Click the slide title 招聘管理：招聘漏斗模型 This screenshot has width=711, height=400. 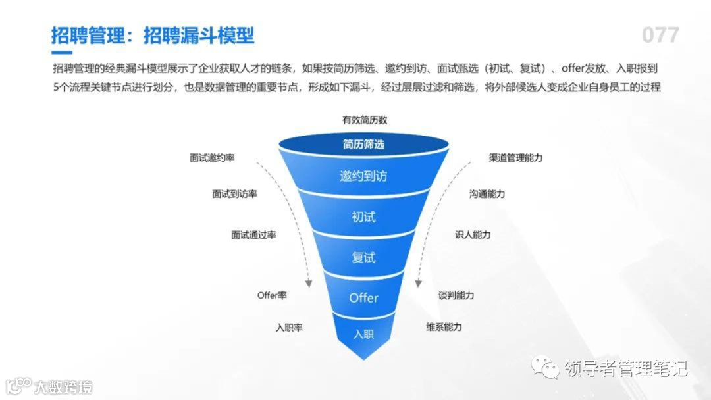coord(153,35)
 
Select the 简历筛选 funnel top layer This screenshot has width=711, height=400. coord(363,144)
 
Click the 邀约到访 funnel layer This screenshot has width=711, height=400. coord(363,176)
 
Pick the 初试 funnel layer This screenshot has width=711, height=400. coord(363,216)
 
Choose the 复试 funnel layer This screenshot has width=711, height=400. coord(363,257)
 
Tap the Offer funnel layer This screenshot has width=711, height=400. coord(363,298)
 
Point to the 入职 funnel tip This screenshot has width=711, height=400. coord(363,334)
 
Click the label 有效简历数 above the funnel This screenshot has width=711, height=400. coord(364,120)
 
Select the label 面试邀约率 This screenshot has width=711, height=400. coord(213,159)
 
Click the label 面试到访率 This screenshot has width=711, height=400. coord(234,194)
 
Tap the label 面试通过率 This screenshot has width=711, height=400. coord(253,235)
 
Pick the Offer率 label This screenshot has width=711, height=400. coord(272,295)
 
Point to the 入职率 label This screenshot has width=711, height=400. coord(289,327)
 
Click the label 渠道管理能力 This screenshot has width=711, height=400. coord(516,158)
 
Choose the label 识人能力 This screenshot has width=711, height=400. coord(473,234)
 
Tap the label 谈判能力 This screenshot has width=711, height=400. coord(456,295)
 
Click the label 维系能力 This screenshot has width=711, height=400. coord(444,327)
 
